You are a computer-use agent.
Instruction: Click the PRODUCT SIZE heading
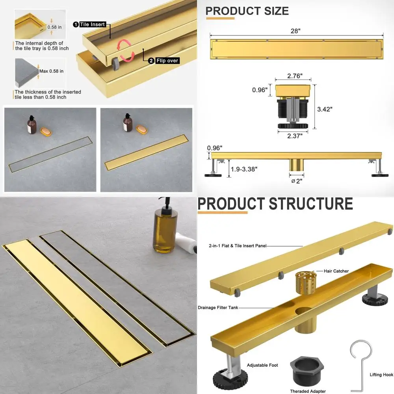247,11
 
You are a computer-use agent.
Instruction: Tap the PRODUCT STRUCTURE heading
275,204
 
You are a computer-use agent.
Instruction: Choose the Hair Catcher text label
336,271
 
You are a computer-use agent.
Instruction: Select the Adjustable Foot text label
262,365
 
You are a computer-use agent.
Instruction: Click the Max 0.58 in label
51,71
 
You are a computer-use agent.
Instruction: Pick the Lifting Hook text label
381,375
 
